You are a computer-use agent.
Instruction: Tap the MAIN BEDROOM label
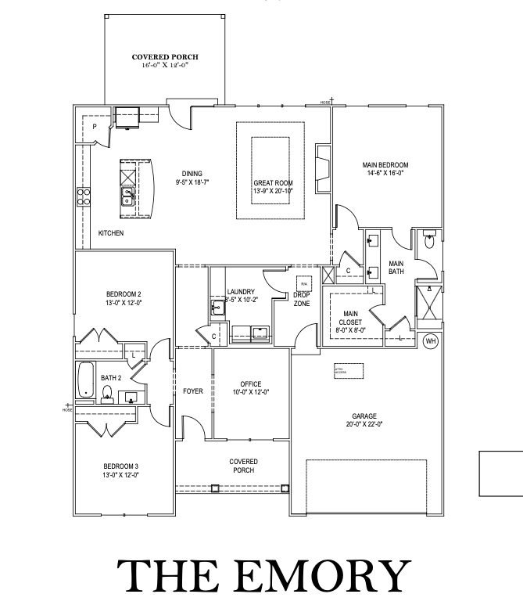385,165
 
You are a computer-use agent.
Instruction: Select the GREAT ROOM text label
273,183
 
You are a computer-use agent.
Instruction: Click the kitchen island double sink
127,195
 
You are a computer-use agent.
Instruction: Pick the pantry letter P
94,126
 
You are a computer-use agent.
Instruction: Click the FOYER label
192,391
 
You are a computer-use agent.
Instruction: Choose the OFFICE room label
251,383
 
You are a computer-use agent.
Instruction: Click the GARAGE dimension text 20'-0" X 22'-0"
364,424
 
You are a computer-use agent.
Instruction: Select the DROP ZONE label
302,299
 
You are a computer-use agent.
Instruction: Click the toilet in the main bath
427,241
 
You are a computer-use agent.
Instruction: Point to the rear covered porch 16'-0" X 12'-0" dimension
165,67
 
